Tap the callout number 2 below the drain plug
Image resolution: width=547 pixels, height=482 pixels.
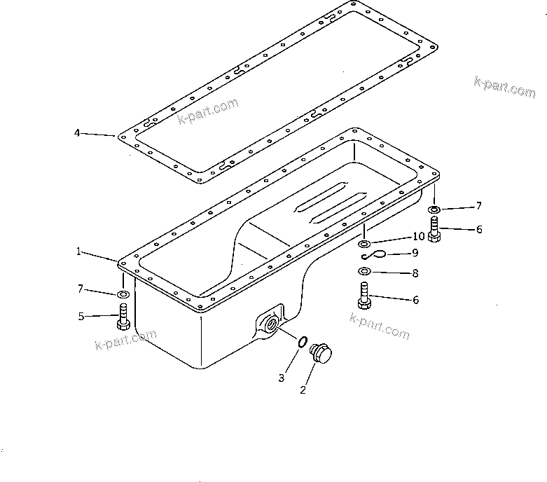pos(303,390)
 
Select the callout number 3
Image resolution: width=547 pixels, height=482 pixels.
pos(281,378)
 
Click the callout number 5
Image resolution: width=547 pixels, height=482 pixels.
pos(81,316)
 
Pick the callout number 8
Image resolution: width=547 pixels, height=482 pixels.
pos(415,274)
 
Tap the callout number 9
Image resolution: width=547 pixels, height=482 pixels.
pos(415,252)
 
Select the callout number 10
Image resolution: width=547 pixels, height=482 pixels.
pos(418,237)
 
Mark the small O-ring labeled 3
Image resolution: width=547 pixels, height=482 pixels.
pos(301,341)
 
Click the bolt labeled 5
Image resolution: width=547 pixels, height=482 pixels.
pos(123,316)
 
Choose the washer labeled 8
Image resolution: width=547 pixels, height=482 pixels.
pos(365,271)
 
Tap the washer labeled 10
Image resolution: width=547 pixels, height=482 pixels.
pos(365,243)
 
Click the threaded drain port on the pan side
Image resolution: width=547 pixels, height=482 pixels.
pos(270,324)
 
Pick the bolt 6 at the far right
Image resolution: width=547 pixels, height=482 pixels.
pos(435,229)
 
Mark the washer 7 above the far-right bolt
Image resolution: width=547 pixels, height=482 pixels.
pos(435,209)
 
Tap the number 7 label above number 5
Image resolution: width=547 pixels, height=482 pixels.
pos(81,289)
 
